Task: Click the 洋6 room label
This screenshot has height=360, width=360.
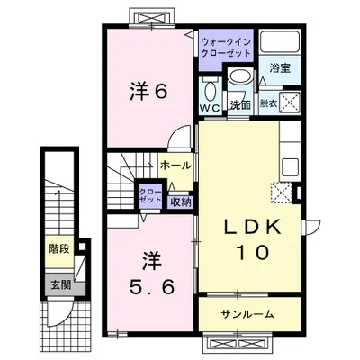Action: [x=148, y=92]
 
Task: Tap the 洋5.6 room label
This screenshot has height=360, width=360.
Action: [x=151, y=275]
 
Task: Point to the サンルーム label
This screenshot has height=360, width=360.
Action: [x=247, y=314]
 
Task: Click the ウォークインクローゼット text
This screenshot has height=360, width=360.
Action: [x=226, y=48]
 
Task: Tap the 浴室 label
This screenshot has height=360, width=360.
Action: [x=280, y=68]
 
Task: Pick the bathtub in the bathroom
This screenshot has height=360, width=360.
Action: [x=280, y=42]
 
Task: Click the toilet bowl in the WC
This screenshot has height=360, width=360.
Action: [x=211, y=92]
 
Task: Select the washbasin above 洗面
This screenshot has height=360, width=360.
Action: [x=240, y=76]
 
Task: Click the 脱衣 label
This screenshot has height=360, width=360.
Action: [x=269, y=104]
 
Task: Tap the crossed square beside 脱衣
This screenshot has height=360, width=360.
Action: [x=290, y=103]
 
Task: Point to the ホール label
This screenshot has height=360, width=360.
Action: [x=175, y=165]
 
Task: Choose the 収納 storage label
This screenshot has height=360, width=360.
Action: [x=181, y=202]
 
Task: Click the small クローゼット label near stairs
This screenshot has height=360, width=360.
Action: [x=151, y=196]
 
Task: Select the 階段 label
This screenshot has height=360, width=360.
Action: [x=59, y=248]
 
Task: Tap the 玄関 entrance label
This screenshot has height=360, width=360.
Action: [x=60, y=285]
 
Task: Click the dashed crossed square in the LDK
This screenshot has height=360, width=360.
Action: [x=281, y=193]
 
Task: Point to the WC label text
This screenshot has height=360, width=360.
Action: [x=211, y=108]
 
